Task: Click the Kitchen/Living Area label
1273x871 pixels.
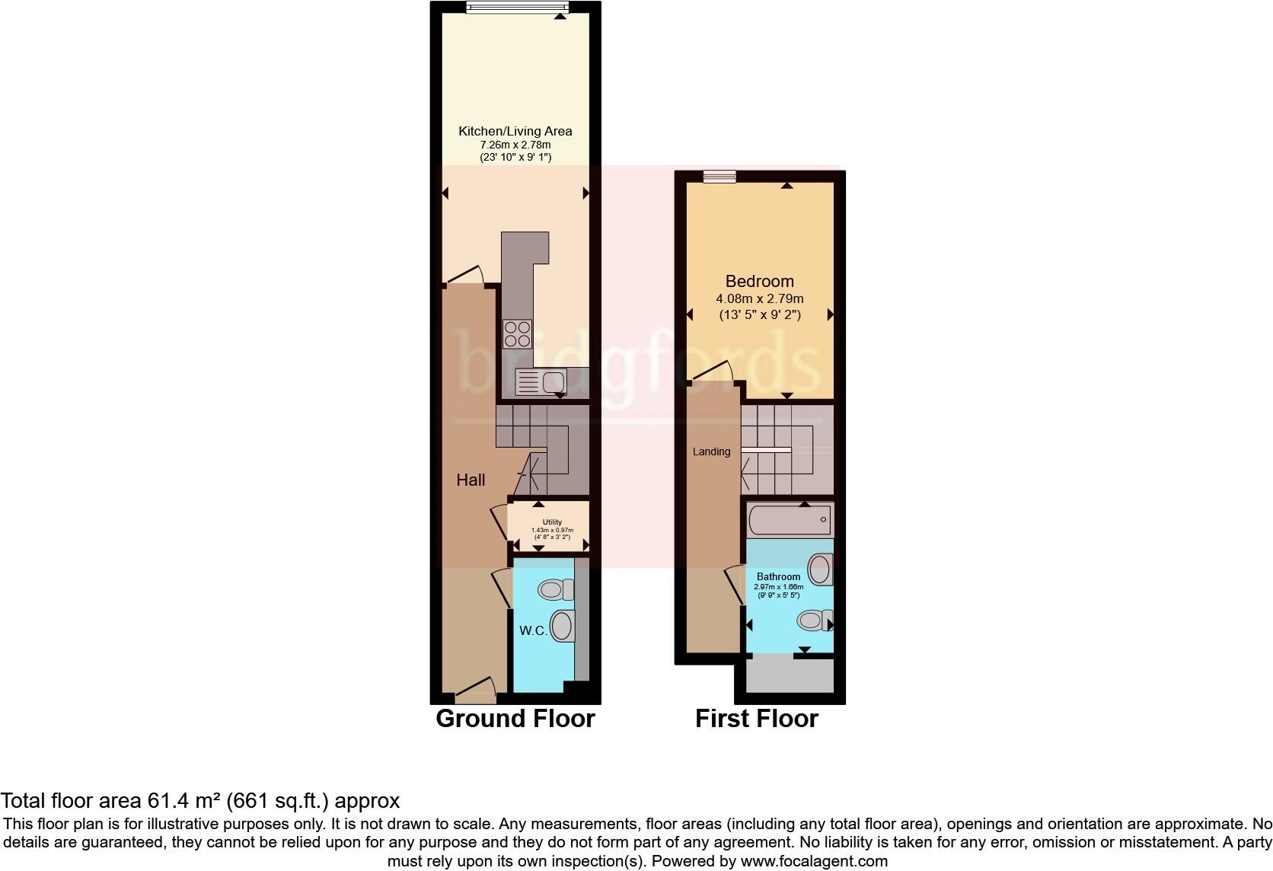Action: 515,131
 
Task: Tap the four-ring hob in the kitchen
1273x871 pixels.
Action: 518,333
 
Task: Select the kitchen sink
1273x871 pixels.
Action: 541,382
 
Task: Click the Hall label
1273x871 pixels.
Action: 471,480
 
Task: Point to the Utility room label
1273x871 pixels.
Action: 552,522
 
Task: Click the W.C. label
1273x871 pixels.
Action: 533,630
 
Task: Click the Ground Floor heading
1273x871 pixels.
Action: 515,718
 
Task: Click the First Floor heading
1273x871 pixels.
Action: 756,718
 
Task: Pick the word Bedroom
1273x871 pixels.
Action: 759,281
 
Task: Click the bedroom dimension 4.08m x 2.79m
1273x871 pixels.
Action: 759,298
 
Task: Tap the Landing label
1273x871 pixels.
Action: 711,451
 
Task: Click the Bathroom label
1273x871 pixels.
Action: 778,576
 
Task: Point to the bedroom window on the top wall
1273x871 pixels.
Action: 719,177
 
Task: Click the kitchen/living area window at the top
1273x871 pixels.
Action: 517,8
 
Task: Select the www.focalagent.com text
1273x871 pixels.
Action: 813,861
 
